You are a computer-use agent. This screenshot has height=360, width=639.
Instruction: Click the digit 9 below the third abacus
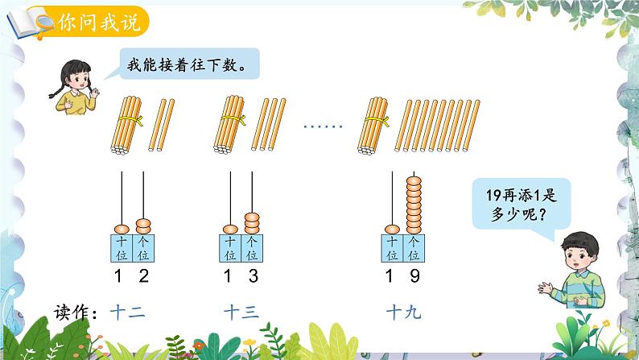414,278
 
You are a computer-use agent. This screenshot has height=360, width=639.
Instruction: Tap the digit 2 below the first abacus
142,278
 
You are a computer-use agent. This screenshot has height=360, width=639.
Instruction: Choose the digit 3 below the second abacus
252,278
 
